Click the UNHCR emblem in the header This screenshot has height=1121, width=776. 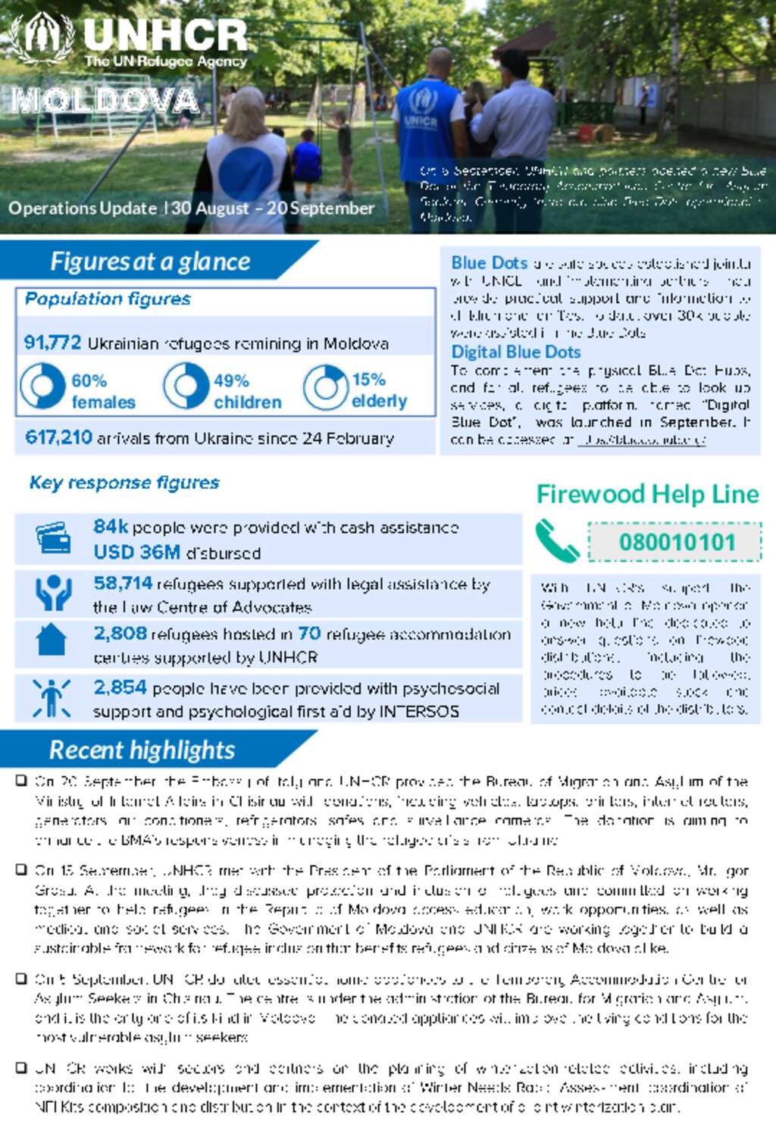42,38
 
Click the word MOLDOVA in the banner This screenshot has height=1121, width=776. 105,101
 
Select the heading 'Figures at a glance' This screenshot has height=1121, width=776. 150,261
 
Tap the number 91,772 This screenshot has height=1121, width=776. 52,343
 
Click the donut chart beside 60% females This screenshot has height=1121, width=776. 42,386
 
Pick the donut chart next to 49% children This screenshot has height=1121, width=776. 186,386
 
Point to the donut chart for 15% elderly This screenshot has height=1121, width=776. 326,387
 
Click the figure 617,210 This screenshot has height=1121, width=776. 58,437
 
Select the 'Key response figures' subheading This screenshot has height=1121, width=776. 124,483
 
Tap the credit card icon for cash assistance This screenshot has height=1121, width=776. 53,538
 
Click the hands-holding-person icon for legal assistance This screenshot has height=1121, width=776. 53,593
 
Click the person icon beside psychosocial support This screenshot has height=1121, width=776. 52,698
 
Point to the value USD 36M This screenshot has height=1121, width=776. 136,552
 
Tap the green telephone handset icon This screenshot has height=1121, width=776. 557,540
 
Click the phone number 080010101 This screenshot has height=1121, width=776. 677,542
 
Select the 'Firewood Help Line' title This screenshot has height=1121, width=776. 647,494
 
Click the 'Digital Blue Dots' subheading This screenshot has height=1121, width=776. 515,352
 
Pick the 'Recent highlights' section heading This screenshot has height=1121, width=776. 142,750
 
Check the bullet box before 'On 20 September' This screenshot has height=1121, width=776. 22,780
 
